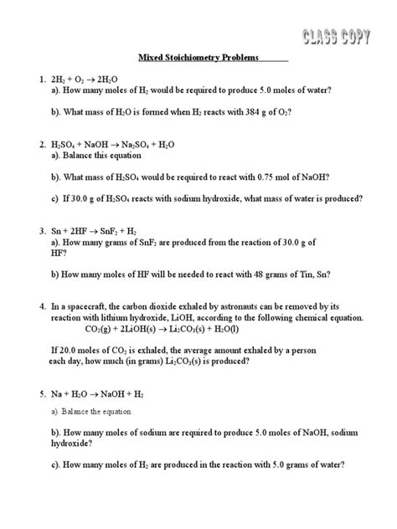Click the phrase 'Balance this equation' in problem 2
(x=105, y=155)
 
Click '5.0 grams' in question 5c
(x=276, y=465)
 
